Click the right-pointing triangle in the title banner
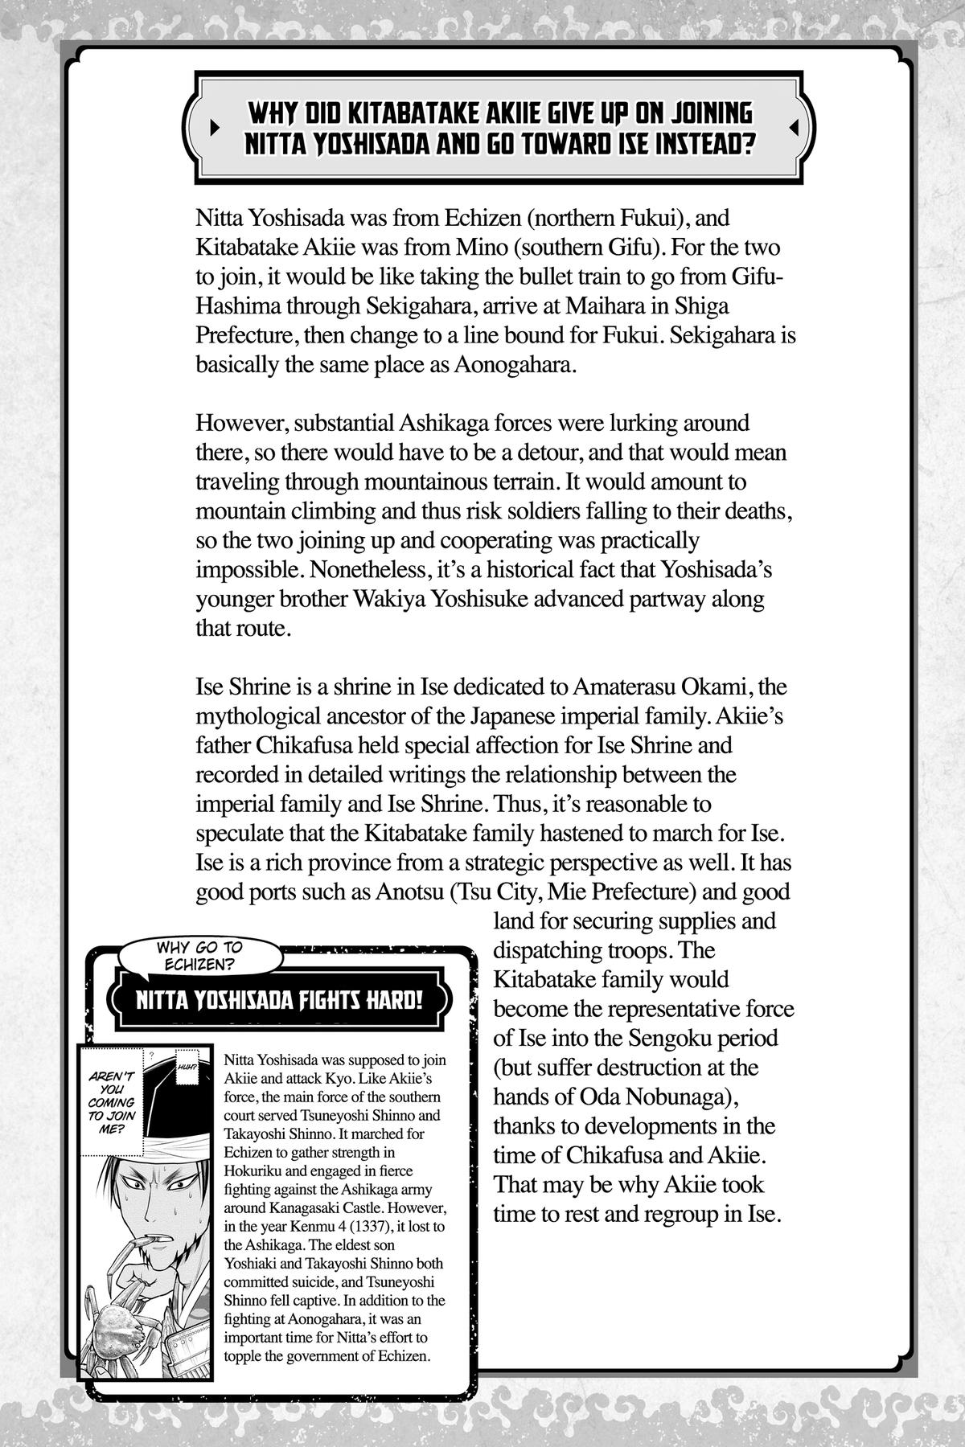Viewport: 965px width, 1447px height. point(213,128)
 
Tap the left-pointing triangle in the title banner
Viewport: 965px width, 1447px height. point(794,128)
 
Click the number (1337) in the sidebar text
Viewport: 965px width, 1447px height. point(363,1227)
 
